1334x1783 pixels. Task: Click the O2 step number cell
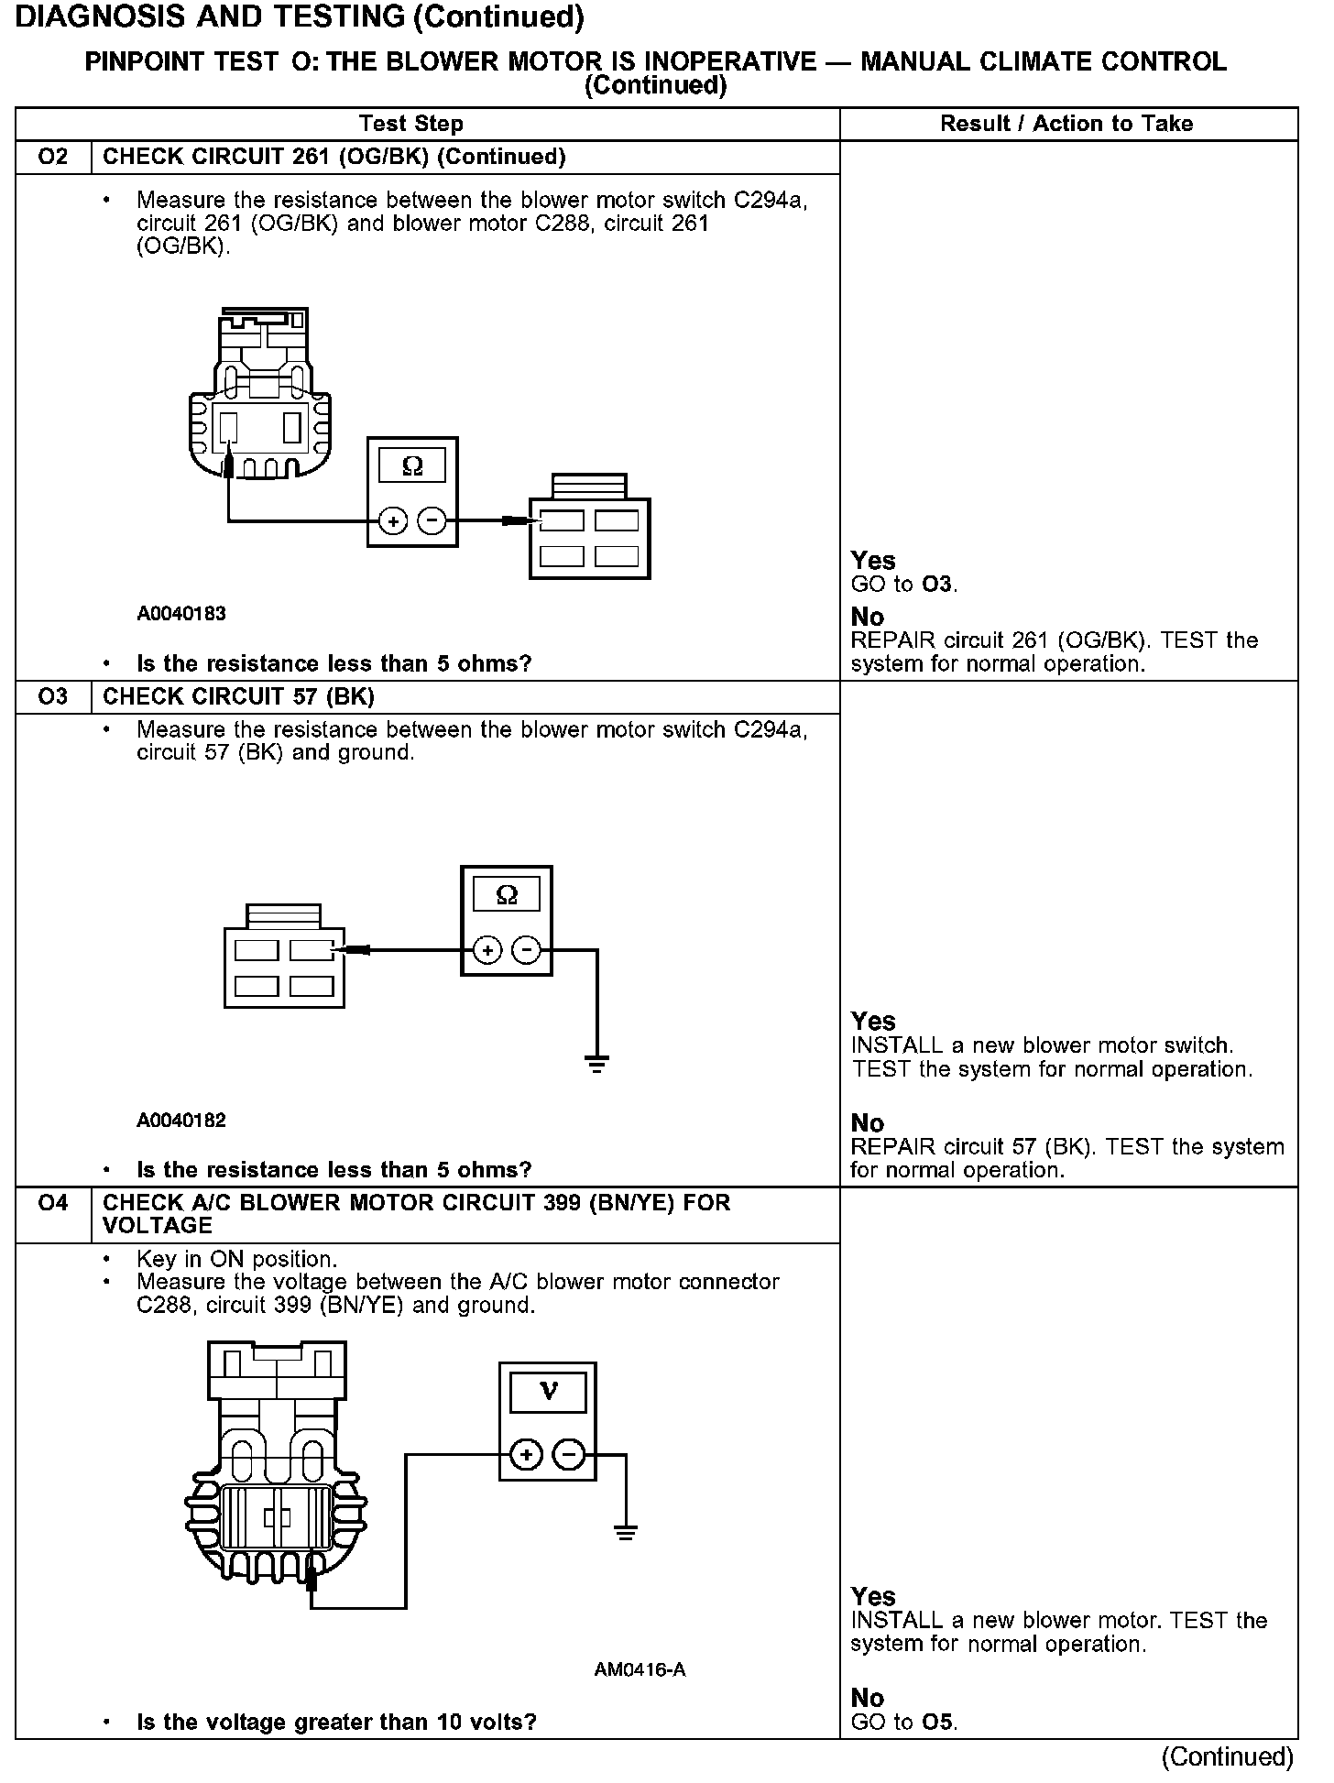(x=53, y=157)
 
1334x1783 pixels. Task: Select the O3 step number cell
(x=53, y=697)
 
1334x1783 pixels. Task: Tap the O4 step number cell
(x=53, y=1203)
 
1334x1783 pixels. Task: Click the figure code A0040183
(x=181, y=614)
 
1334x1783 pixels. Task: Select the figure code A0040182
(x=181, y=1121)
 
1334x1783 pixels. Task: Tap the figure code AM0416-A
(x=640, y=1670)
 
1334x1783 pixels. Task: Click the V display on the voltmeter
(x=548, y=1392)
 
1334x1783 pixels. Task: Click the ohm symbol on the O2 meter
(x=412, y=466)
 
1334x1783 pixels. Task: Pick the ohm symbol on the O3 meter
(x=506, y=894)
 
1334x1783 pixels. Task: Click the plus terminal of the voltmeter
(x=525, y=1455)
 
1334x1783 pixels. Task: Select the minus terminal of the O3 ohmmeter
(x=526, y=951)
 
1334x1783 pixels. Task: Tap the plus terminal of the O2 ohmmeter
(x=393, y=522)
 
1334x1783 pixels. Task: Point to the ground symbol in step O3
(x=596, y=1064)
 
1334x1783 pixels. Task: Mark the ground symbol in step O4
(x=625, y=1533)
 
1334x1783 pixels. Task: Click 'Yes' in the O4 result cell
(x=872, y=1596)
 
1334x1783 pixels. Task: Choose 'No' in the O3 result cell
(x=868, y=1123)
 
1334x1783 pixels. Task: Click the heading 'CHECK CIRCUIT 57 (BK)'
(x=238, y=697)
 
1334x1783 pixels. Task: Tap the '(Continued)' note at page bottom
(x=1227, y=1756)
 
